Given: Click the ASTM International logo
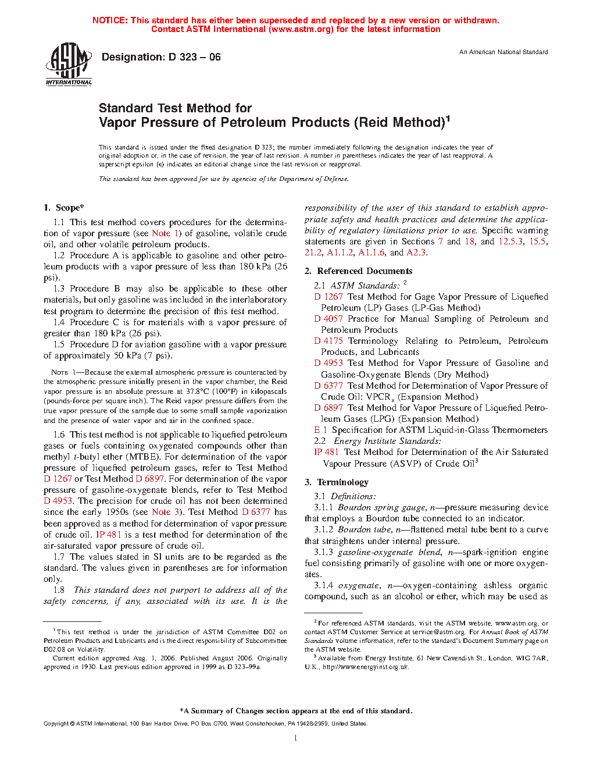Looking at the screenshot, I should pyautogui.click(x=69, y=65).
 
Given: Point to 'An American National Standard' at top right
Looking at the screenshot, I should pyautogui.click(x=503, y=52).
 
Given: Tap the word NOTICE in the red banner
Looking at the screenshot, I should pyautogui.click(x=110, y=20).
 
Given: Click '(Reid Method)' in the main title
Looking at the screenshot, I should pyautogui.click(x=401, y=123).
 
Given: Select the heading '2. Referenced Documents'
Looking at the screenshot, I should pyautogui.click(x=359, y=271).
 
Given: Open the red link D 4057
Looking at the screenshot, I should pyautogui.click(x=328, y=319).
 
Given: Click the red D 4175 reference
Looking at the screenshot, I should pyautogui.click(x=328, y=341).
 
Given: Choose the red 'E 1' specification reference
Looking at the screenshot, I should pyautogui.click(x=320, y=430).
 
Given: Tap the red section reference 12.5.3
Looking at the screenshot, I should pyautogui.click(x=510, y=241).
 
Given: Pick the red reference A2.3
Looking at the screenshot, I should pyautogui.click(x=416, y=253).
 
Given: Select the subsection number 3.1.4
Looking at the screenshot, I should pyautogui.click(x=323, y=585).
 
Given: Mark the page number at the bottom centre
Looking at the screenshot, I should pyautogui.click(x=296, y=738).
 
